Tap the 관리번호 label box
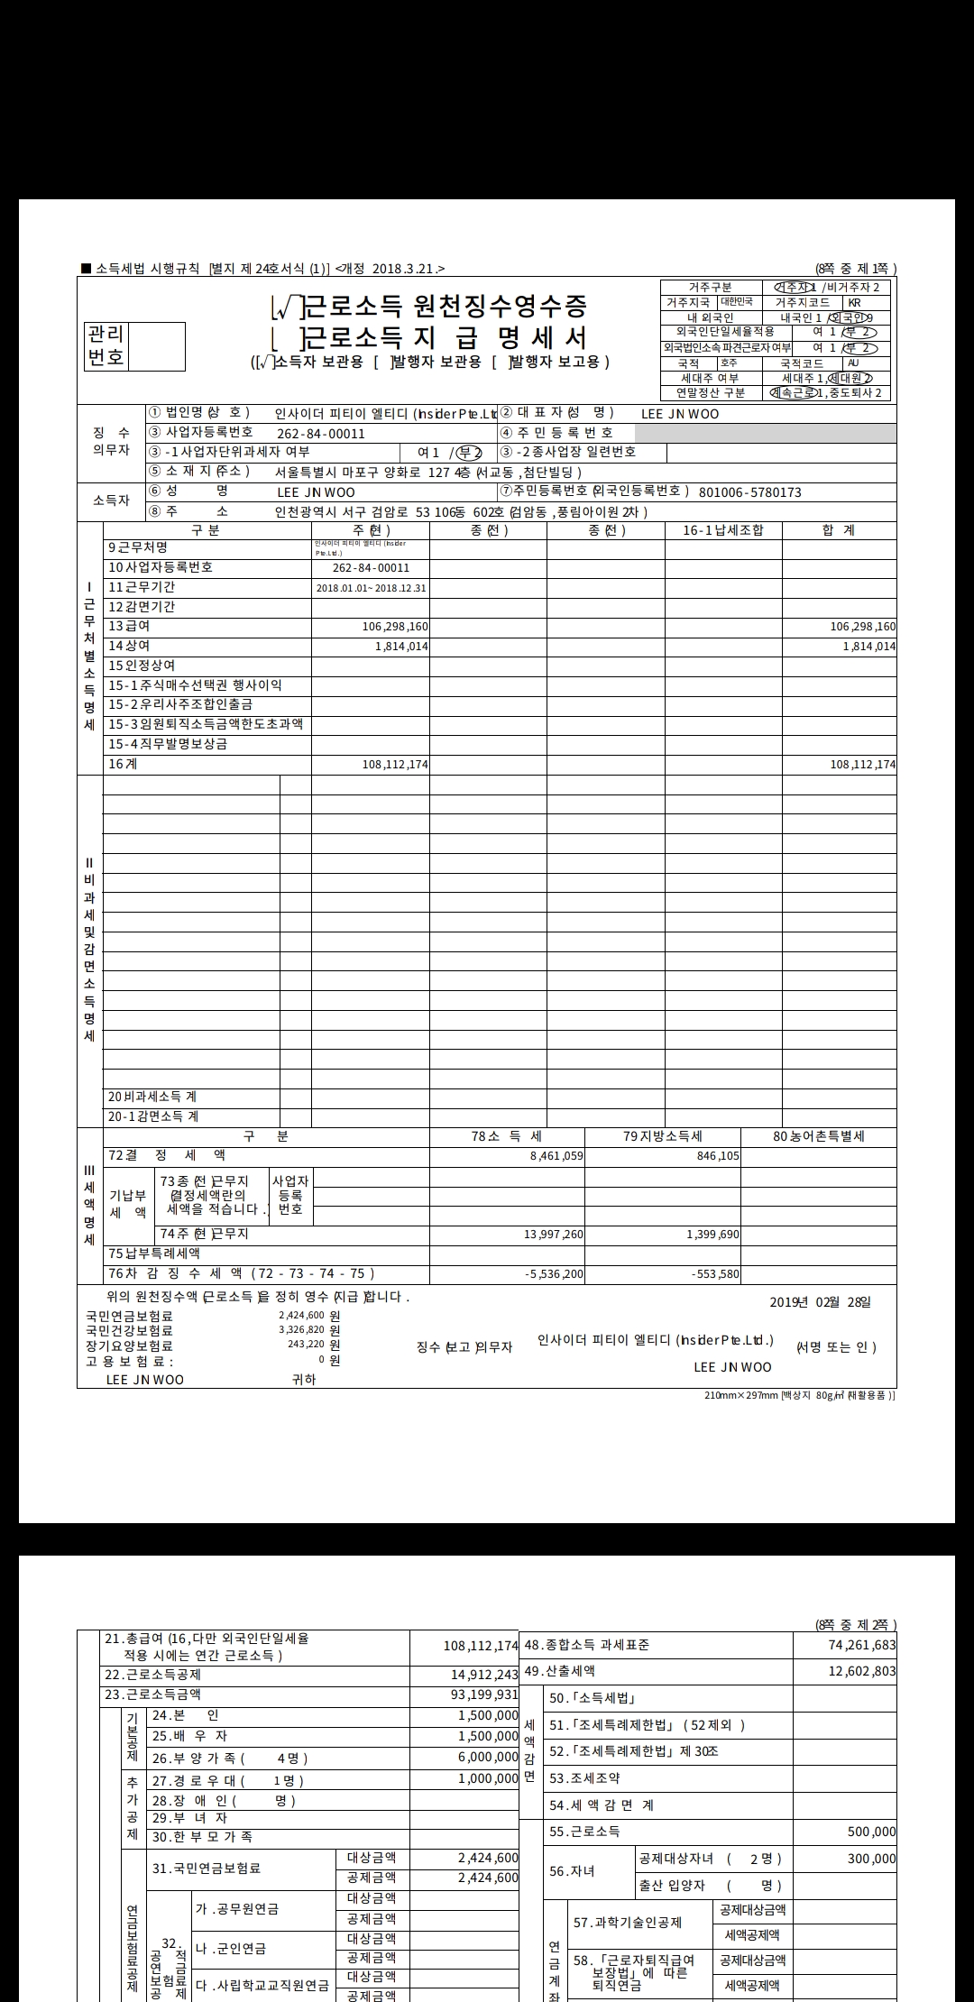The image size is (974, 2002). pos(106,346)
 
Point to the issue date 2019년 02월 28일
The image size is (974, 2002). pos(821,1302)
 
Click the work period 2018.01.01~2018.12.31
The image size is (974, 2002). pos(371,588)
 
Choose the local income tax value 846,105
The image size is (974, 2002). pos(718,1156)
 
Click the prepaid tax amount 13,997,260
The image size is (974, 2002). pos(554,1235)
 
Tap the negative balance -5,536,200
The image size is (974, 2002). pos(554,1275)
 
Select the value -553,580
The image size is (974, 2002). pos(715,1275)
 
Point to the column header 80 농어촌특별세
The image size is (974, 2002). pos(818,1136)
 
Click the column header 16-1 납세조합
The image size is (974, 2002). pos(722,530)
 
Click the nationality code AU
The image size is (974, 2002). pos(853,363)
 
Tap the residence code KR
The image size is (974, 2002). pos(853,303)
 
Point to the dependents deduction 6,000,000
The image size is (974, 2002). pos(488,1758)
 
